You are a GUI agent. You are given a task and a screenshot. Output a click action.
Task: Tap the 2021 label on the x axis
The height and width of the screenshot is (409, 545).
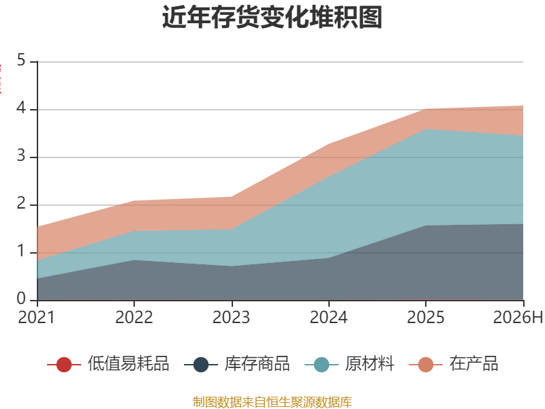tap(37, 317)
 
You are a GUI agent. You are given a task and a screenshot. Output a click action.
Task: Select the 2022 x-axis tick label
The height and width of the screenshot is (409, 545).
tap(134, 317)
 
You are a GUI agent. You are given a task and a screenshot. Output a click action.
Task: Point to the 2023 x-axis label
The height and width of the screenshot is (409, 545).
tap(231, 317)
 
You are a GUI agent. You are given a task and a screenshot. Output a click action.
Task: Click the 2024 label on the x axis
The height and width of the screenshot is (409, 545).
tap(328, 317)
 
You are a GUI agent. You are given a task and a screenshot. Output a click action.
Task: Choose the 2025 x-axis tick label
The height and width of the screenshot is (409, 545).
tap(425, 317)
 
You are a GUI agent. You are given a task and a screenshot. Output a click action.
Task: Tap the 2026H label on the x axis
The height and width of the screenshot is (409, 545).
tap(518, 317)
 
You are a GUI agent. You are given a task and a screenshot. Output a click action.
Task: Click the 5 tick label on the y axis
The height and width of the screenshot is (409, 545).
tap(21, 60)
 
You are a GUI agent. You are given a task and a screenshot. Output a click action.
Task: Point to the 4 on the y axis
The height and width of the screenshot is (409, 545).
tap(21, 108)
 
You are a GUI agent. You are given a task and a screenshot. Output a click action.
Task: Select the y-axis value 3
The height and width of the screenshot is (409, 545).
tap(21, 156)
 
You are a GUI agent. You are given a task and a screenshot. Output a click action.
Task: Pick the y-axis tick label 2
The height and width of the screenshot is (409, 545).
tap(21, 203)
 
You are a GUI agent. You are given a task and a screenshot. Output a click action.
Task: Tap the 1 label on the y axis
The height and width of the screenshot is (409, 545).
tap(21, 251)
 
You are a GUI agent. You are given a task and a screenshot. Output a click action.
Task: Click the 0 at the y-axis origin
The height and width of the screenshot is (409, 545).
tap(21, 299)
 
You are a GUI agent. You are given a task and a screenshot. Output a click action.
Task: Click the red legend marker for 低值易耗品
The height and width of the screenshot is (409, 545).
tap(63, 365)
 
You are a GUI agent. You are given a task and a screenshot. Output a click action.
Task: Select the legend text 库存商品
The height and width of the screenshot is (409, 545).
tap(258, 363)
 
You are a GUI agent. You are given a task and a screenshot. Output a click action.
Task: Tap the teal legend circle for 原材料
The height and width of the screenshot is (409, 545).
tap(321, 365)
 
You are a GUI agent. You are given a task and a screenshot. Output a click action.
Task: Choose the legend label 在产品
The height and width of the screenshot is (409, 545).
tap(473, 363)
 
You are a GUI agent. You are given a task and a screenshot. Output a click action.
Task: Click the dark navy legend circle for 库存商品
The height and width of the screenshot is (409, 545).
tap(200, 365)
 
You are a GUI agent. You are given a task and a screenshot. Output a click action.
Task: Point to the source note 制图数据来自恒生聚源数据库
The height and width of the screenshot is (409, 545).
tap(272, 402)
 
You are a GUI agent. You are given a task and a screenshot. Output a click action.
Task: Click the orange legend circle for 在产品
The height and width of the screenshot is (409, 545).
tap(425, 365)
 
